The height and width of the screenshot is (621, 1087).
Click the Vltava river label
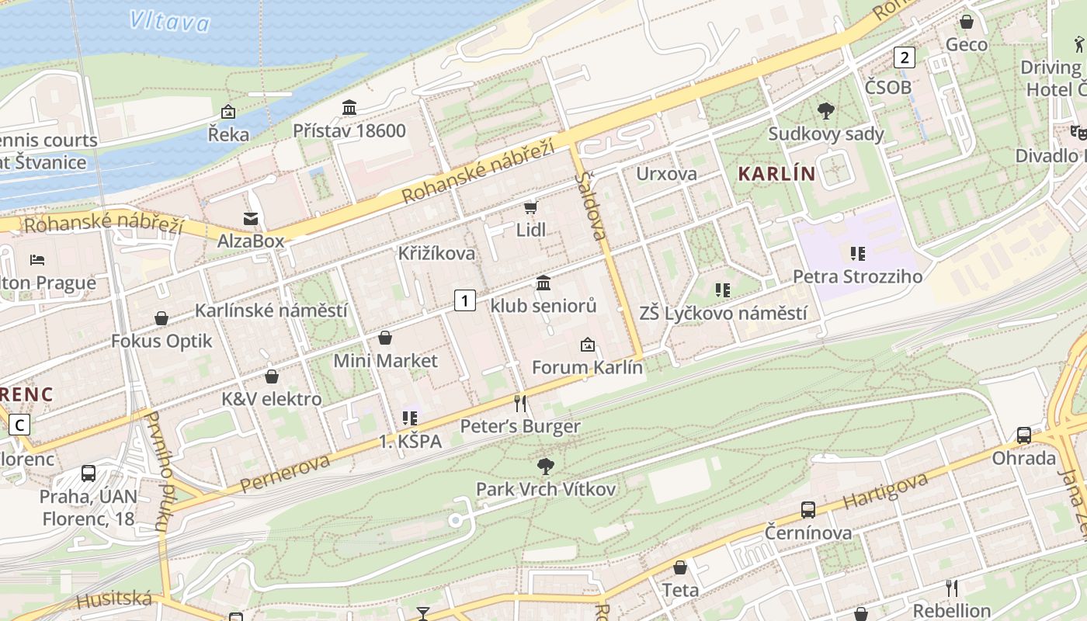click(169, 21)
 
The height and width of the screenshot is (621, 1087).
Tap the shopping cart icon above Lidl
click(531, 207)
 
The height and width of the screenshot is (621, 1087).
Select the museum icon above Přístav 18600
click(349, 108)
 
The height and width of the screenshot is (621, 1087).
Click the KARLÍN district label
click(776, 174)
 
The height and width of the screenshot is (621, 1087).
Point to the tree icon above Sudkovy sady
click(826, 111)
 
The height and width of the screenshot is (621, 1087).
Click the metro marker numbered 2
click(904, 57)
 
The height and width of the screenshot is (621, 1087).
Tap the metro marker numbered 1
click(464, 300)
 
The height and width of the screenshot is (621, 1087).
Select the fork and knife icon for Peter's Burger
click(520, 404)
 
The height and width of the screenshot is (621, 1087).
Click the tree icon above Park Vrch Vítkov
click(546, 467)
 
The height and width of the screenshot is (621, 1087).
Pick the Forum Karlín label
click(588, 367)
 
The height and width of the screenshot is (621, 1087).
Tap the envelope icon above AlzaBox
click(251, 219)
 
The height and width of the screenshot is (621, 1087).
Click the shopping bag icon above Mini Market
click(385, 338)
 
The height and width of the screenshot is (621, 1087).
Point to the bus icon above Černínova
click(808, 510)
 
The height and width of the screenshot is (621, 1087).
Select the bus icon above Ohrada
click(1024, 435)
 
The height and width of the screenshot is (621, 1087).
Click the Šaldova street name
click(592, 206)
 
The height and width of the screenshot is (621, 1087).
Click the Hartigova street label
click(885, 491)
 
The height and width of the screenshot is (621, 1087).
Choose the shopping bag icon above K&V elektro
click(272, 376)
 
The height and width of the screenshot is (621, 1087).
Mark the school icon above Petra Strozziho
click(858, 253)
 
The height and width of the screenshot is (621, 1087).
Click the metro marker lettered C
click(19, 425)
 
